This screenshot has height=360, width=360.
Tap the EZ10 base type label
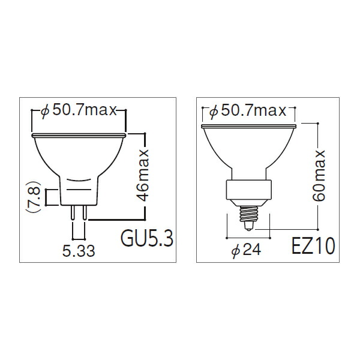313,246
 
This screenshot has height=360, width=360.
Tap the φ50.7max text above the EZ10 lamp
248,110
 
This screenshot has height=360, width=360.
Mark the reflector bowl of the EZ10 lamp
250,150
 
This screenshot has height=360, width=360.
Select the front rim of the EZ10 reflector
250,124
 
